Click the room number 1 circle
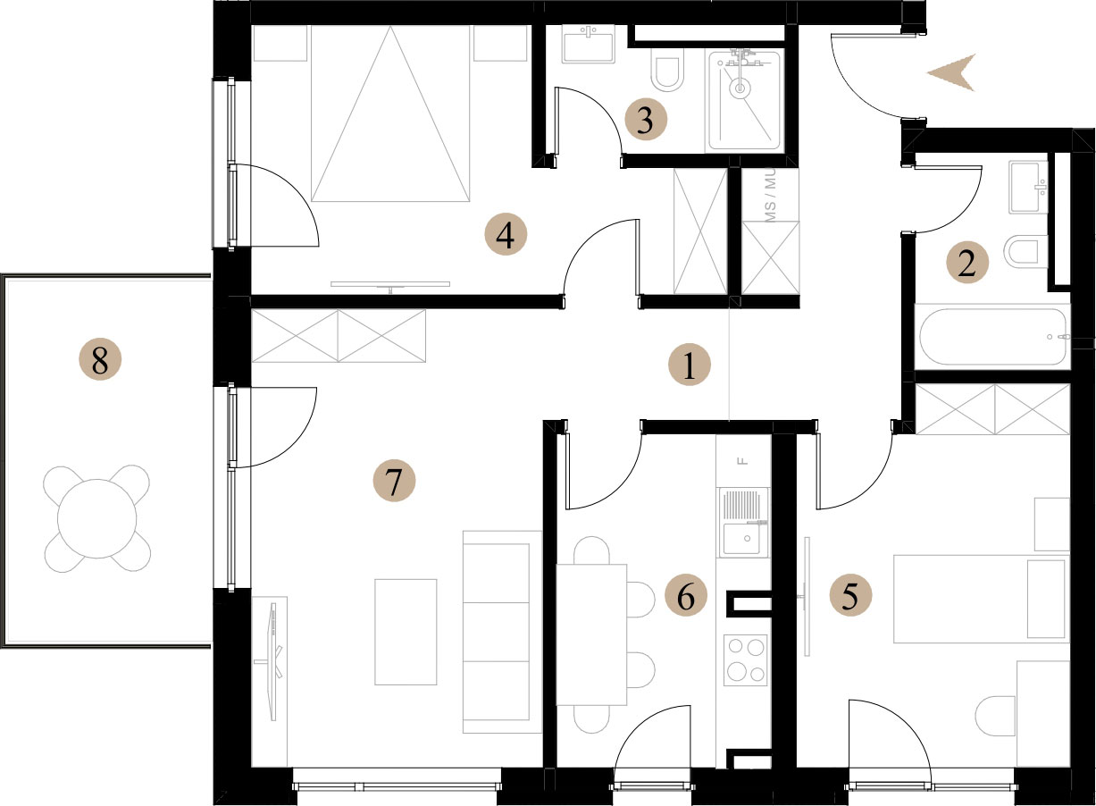point(690,365)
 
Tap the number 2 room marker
point(966,263)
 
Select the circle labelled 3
point(646,120)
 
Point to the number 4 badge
point(506,235)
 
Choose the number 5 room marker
point(851,595)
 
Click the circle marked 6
point(686,596)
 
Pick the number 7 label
point(394,480)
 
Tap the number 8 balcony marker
point(100,360)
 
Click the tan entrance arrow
point(951,72)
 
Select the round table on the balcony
point(96,519)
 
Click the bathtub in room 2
point(993,337)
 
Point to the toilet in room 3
point(668,74)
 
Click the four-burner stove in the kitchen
point(746,660)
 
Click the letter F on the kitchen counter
point(744,460)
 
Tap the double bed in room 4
point(390,113)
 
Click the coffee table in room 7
point(406,632)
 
